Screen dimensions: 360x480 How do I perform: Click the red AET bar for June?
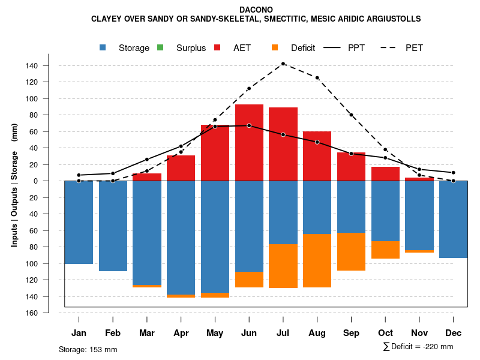point(249,142)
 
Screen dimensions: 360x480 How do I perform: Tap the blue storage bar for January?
point(79,222)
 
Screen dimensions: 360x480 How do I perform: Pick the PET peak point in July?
point(283,64)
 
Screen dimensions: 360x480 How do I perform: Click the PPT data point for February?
point(113,173)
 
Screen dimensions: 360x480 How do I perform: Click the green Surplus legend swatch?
point(160,48)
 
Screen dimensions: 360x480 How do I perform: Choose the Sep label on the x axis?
point(351,333)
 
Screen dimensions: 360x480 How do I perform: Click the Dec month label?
point(453,333)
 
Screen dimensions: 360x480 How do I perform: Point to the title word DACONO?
point(256,10)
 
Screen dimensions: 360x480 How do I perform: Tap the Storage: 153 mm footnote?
point(88,349)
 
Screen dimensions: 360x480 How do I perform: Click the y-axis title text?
point(14,185)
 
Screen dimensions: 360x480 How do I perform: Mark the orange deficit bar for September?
point(351,251)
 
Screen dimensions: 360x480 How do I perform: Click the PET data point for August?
point(317,77)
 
